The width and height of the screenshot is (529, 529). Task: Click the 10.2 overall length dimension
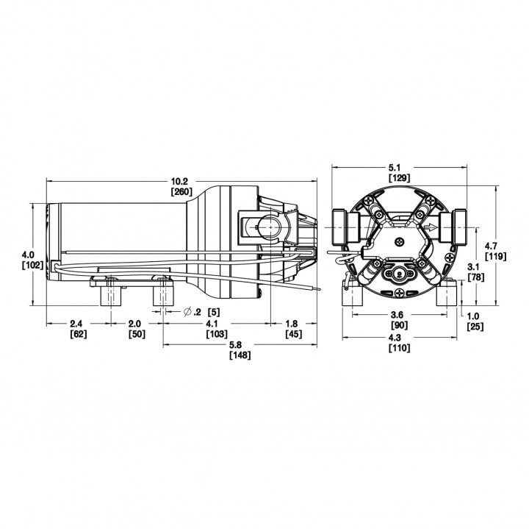coord(181,181)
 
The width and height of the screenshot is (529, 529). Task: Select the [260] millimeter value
coord(181,192)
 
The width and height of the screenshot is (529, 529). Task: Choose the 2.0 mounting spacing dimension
coord(136,324)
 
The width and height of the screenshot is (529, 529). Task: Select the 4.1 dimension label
coord(212,324)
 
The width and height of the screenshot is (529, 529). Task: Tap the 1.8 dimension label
coord(292,324)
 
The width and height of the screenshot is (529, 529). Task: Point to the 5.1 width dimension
coord(399,166)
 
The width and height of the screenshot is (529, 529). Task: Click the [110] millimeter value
coord(400,348)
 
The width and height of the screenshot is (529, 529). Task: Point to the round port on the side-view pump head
coord(267,227)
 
